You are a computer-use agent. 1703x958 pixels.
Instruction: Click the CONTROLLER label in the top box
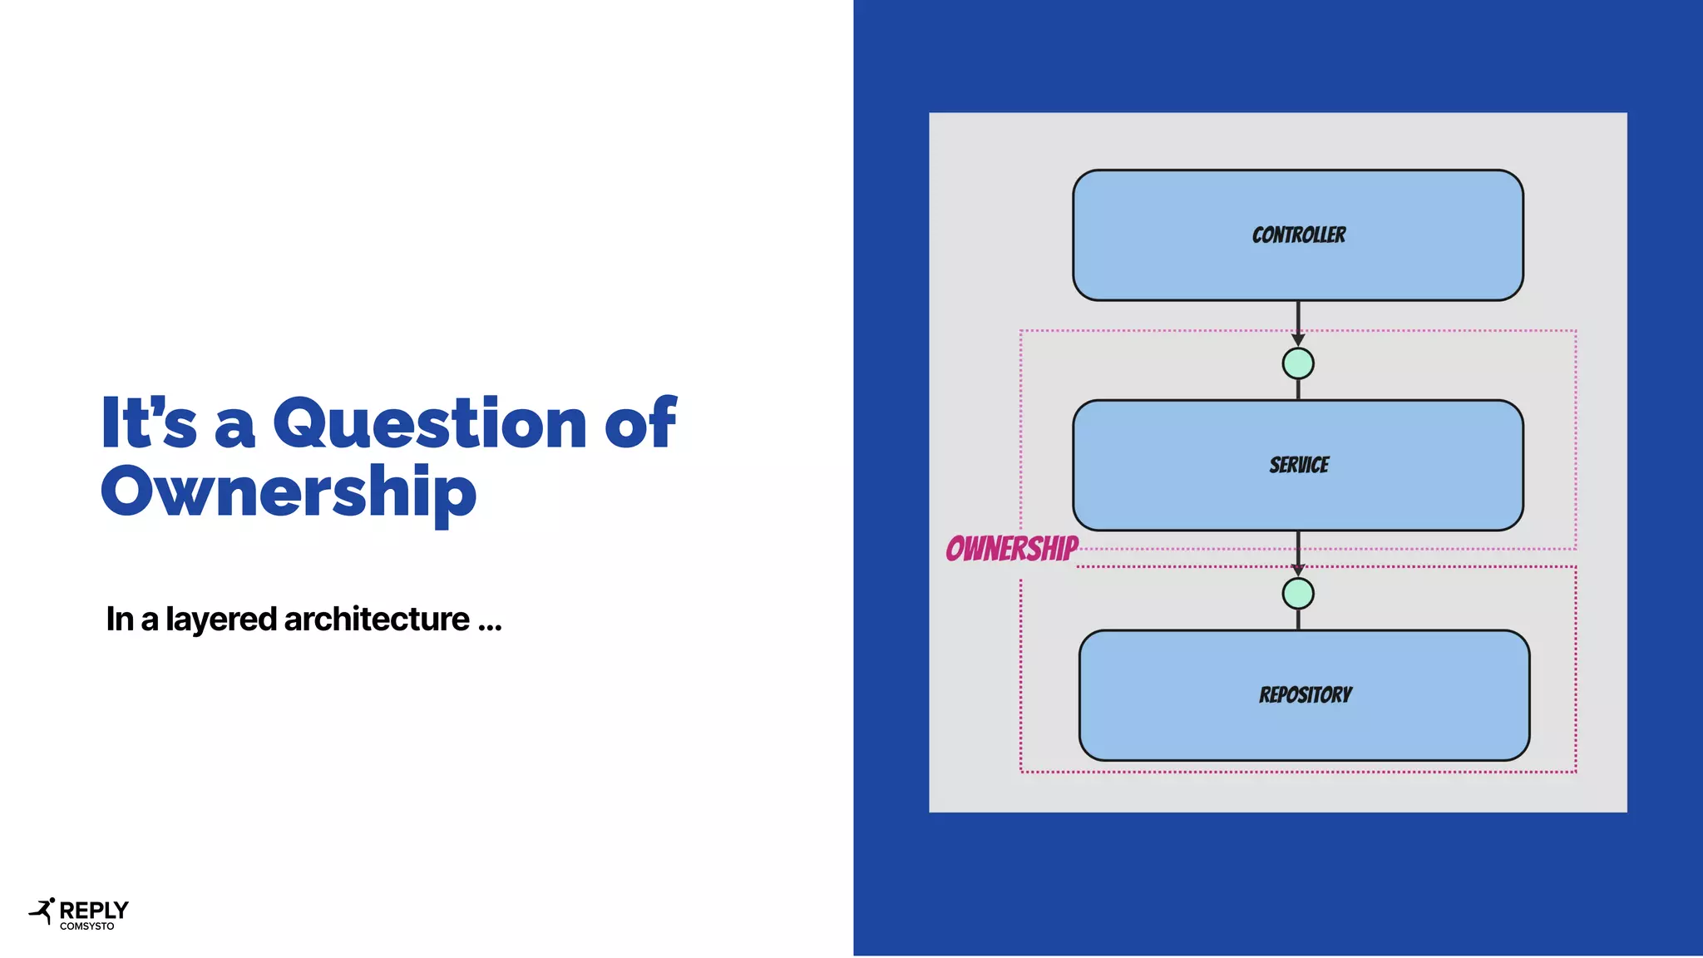pyautogui.click(x=1298, y=235)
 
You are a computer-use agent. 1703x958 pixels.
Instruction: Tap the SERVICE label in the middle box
pyautogui.click(x=1298, y=465)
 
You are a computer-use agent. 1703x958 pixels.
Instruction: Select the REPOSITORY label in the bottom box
pyautogui.click(x=1305, y=695)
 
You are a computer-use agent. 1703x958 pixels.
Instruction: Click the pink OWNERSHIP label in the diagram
pyautogui.click(x=1011, y=549)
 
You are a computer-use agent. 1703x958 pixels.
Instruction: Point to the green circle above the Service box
pyautogui.click(x=1298, y=363)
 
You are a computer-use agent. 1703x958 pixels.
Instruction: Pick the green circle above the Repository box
pyautogui.click(x=1298, y=594)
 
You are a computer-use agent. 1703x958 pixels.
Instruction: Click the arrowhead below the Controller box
pyautogui.click(x=1298, y=339)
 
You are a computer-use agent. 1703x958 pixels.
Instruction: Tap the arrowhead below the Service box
pyautogui.click(x=1298, y=570)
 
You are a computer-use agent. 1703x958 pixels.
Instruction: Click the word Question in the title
pyautogui.click(x=430, y=424)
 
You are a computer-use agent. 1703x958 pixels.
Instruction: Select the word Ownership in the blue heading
pyautogui.click(x=288, y=492)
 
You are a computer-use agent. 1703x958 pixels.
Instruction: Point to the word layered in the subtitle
pyautogui.click(x=220, y=620)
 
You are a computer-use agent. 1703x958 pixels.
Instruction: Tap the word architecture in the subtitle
pyautogui.click(x=377, y=620)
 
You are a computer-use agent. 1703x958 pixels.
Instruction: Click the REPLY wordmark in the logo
pyautogui.click(x=94, y=910)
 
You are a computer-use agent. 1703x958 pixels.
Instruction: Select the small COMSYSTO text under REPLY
pyautogui.click(x=86, y=926)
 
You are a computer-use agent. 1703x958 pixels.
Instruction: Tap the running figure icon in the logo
pyautogui.click(x=42, y=911)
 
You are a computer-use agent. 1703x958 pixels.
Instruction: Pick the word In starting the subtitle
pyautogui.click(x=120, y=620)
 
